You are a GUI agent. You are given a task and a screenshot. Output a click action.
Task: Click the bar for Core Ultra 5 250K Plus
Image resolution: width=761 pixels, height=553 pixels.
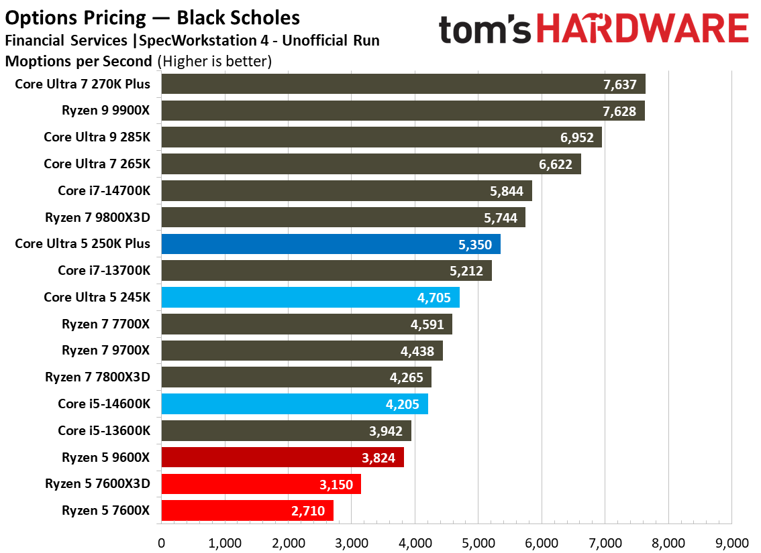(331, 244)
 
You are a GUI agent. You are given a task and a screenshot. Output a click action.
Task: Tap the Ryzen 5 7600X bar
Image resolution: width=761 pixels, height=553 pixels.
(247, 511)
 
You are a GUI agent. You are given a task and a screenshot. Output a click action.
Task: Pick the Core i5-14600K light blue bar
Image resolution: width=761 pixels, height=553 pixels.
(295, 404)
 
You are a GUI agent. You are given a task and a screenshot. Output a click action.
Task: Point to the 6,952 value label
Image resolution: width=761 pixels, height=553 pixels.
(575, 137)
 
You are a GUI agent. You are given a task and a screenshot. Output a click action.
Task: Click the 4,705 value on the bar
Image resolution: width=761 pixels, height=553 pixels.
(433, 298)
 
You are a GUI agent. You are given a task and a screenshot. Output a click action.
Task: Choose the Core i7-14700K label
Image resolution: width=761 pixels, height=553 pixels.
(103, 190)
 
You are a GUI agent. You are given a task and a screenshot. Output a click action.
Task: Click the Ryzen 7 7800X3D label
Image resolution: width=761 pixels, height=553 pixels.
(97, 377)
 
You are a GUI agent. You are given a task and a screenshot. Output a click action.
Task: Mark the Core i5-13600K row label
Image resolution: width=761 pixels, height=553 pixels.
(103, 430)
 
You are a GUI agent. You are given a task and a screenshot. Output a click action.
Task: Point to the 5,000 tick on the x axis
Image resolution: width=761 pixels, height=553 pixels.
(478, 542)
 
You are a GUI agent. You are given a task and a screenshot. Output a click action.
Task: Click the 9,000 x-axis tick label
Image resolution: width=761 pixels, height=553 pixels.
(731, 542)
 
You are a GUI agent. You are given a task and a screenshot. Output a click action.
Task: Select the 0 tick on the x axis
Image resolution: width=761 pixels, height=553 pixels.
(161, 542)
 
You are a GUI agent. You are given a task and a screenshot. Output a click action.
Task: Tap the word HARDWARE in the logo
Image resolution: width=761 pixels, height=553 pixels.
(644, 29)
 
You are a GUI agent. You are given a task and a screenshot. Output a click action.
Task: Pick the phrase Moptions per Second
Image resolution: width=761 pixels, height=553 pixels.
(79, 62)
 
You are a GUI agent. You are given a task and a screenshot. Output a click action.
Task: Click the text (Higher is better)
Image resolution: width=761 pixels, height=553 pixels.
(214, 62)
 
